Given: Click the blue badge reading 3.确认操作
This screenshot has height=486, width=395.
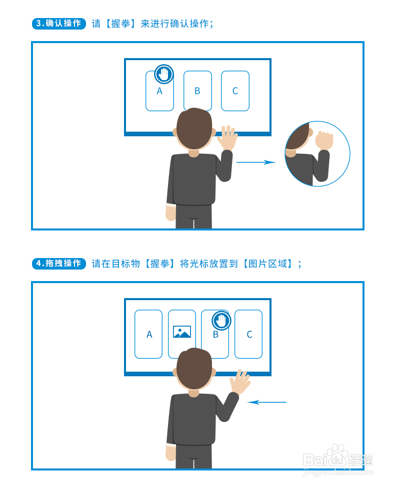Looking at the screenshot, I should coord(59,24).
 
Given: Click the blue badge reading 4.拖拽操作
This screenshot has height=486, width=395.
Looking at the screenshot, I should coord(59,264).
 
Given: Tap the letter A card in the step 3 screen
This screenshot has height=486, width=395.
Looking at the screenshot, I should coord(159,95).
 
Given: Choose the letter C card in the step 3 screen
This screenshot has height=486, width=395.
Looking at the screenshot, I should coord(235,91).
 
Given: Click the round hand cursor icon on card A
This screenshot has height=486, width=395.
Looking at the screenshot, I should coord(163,74).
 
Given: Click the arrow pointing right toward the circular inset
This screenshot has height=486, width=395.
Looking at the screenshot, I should coord(255,162).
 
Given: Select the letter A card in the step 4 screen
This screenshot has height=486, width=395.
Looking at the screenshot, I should coord(148,334).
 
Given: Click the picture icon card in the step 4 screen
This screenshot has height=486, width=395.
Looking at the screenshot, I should coord(182,331).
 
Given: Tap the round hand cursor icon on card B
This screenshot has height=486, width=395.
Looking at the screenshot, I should coord(221,320).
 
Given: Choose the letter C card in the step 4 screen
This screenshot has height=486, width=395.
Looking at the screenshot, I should coord(248,334).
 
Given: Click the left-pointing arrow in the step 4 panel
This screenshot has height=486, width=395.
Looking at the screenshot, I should coord(267,402).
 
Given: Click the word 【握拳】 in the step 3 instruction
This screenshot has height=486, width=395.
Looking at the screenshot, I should coord(120,24).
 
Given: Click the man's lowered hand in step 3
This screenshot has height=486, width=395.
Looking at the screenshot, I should coord(171,212).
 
